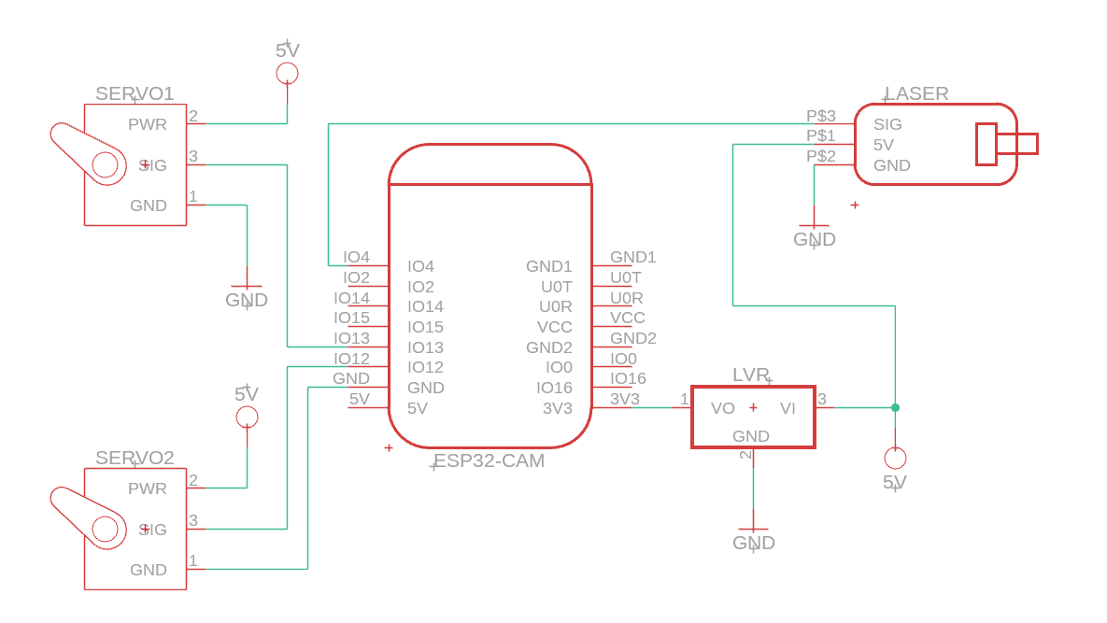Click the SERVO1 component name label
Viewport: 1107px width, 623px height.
coord(135,93)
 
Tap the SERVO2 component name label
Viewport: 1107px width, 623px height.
coord(135,458)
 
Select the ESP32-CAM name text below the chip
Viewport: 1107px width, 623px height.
coord(490,461)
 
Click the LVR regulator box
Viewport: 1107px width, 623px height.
coord(753,417)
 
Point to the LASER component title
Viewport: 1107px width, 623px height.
coord(916,93)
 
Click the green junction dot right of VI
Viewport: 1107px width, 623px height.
coord(895,407)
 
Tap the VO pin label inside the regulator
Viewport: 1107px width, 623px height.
coord(723,408)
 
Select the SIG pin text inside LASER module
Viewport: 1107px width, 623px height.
coord(887,124)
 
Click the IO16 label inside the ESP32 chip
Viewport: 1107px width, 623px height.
coord(554,388)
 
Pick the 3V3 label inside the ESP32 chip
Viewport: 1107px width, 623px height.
coord(557,408)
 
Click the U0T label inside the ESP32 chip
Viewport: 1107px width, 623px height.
coord(556,287)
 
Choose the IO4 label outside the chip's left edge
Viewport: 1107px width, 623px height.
coord(356,257)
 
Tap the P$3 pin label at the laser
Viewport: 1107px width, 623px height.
coord(821,116)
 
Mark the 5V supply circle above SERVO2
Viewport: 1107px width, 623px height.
coord(247,417)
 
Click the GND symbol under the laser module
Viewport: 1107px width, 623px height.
coord(815,234)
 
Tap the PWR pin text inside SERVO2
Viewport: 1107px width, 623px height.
coord(148,488)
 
